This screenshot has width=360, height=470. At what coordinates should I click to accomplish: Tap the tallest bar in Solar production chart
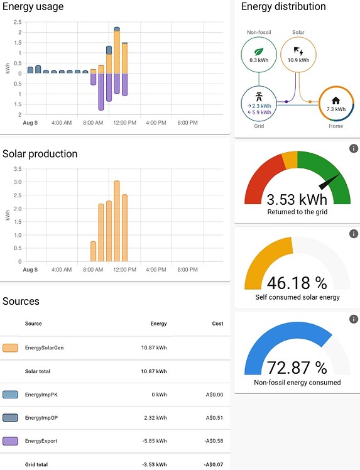click(117, 221)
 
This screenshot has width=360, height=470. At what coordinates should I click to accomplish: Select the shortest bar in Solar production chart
click(94, 251)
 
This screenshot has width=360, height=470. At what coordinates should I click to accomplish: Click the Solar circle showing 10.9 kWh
click(298, 52)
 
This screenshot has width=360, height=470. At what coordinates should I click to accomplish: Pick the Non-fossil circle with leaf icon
click(259, 52)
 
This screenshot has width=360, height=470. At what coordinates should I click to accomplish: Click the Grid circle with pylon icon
click(259, 103)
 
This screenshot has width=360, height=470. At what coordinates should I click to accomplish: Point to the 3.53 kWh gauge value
click(297, 200)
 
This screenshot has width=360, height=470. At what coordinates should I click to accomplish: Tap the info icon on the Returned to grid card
click(353, 148)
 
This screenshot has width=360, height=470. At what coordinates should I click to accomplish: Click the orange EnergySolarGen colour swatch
click(11, 347)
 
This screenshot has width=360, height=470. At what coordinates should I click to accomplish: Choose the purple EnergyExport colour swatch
click(11, 441)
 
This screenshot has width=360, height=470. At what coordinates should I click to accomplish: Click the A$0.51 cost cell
click(214, 418)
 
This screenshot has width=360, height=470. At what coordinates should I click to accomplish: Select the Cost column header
click(217, 324)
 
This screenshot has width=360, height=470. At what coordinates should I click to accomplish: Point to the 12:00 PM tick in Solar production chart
click(124, 270)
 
